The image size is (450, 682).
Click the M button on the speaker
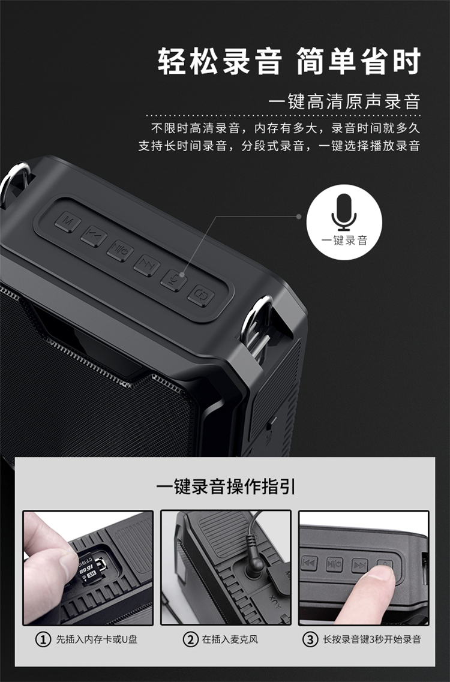coord(68,223)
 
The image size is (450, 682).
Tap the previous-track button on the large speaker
coord(94,236)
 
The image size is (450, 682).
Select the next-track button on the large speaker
coord(146,265)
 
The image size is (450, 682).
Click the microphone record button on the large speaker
coord(173,280)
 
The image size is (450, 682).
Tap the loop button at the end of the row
coord(201,295)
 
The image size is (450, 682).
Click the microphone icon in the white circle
coord(344,212)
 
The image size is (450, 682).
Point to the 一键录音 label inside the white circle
coord(344,240)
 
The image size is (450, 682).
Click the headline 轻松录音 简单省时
coord(289,61)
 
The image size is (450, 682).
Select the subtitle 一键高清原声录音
coord(344,101)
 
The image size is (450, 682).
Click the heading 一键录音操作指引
coord(226,486)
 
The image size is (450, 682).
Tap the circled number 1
coord(43,639)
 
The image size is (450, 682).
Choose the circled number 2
coord(190,639)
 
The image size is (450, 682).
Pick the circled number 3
coord(310,639)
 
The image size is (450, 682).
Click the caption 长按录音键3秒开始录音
coord(371,639)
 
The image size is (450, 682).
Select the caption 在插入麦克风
coord(230,639)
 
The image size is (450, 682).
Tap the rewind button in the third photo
coord(310,563)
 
